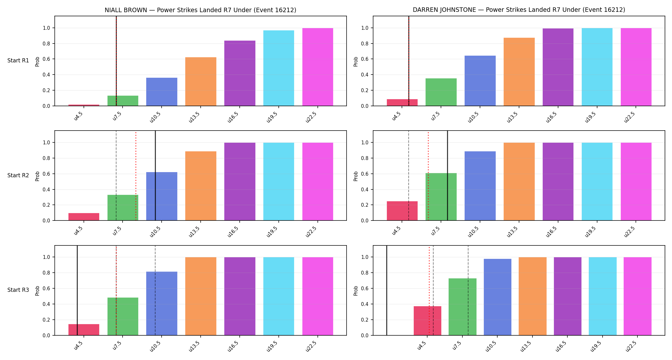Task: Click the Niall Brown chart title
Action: (x=200, y=10)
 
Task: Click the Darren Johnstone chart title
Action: (x=519, y=10)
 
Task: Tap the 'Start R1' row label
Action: (x=18, y=60)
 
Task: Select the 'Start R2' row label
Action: (x=18, y=175)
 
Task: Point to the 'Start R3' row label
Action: (x=18, y=290)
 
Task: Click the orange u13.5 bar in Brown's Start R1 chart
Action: (x=201, y=82)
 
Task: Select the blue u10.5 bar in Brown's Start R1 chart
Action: (x=162, y=92)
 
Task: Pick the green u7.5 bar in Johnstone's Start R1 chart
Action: (x=441, y=92)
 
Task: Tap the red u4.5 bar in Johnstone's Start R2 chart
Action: (x=402, y=211)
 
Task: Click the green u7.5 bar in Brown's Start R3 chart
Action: (x=123, y=316)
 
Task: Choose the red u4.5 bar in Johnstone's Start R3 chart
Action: (x=428, y=321)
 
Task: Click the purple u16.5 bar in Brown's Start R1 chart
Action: (x=240, y=73)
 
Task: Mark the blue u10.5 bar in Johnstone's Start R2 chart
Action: (x=480, y=186)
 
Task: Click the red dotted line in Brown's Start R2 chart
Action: (x=136, y=176)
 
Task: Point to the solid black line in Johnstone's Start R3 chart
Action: (x=387, y=291)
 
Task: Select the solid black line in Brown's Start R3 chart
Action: (x=77, y=291)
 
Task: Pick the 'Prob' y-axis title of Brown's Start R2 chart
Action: (x=37, y=176)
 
